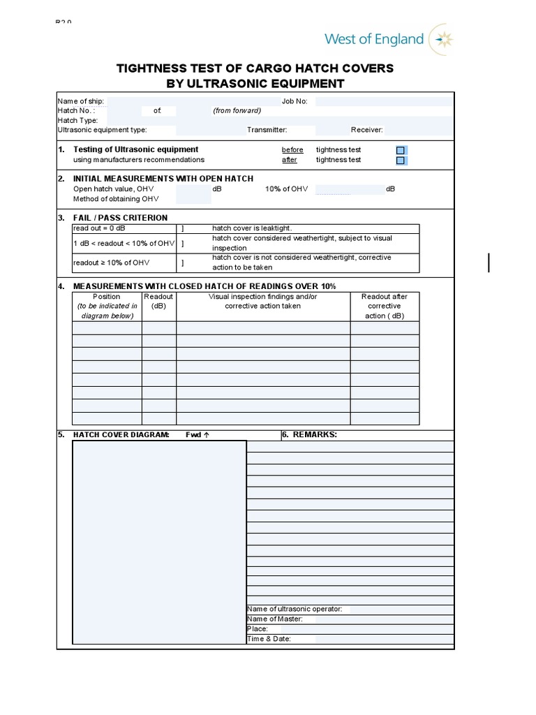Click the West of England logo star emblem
coord(442,39)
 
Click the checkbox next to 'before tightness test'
coord(400,150)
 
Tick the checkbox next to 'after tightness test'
coord(400,161)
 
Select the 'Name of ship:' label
coord(80,101)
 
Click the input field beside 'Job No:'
coord(383,101)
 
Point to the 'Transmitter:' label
coord(267,130)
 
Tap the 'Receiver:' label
coord(366,130)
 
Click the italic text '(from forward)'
coord(237,110)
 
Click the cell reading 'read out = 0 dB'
coord(100,228)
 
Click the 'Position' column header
coord(107,297)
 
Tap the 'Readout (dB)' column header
coord(158,301)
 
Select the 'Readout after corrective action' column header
coord(385,306)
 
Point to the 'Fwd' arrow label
coord(198,434)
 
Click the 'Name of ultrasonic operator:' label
coord(295,609)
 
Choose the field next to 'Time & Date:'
coord(384,639)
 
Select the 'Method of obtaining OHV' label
coord(116,199)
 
